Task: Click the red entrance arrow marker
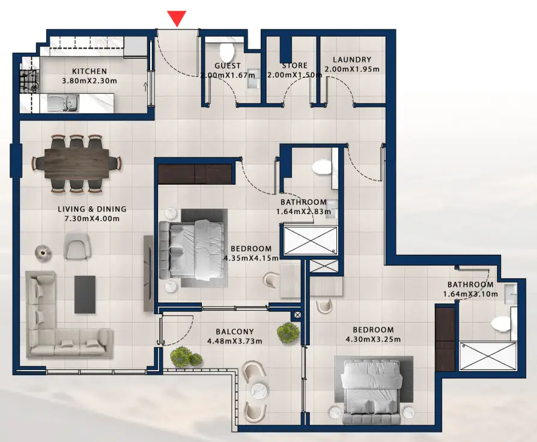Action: coord(176,19)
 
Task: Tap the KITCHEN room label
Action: coord(89,71)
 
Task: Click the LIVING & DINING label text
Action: coord(92,209)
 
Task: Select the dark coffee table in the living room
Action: coord(85,294)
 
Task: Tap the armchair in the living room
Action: coord(77,246)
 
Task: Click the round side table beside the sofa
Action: coord(42,253)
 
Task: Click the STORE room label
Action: coord(294,65)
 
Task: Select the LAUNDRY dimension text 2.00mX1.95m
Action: coord(352,69)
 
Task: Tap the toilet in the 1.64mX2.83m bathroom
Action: coord(323,167)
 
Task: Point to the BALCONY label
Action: coord(235,332)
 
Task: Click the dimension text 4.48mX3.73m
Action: coord(235,341)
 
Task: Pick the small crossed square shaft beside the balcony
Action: coord(297,315)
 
